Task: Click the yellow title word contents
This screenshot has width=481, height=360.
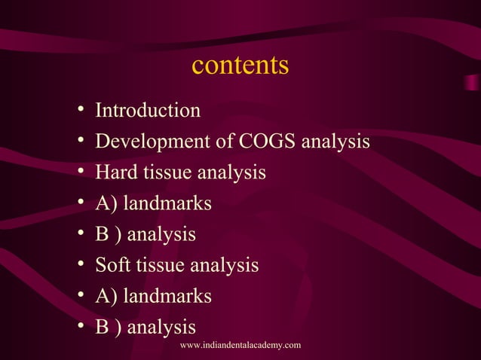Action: coord(240,66)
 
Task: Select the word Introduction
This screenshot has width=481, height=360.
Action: coord(148,111)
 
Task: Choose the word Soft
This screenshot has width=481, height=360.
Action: coord(112,265)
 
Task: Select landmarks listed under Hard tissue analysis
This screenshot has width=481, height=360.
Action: coord(167,203)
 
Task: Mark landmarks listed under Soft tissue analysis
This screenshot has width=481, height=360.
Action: coord(167,296)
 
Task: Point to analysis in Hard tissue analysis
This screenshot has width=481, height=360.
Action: coord(231,172)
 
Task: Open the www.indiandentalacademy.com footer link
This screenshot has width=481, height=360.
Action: coord(240,345)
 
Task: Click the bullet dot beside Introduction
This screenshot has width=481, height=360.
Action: coord(80,112)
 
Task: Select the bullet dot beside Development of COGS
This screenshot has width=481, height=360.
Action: coord(80,143)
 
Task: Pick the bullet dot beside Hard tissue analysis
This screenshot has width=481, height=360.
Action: coord(80,174)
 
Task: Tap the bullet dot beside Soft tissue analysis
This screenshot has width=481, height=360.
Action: coord(80,267)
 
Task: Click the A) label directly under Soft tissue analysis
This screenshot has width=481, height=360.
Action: coord(106,296)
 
